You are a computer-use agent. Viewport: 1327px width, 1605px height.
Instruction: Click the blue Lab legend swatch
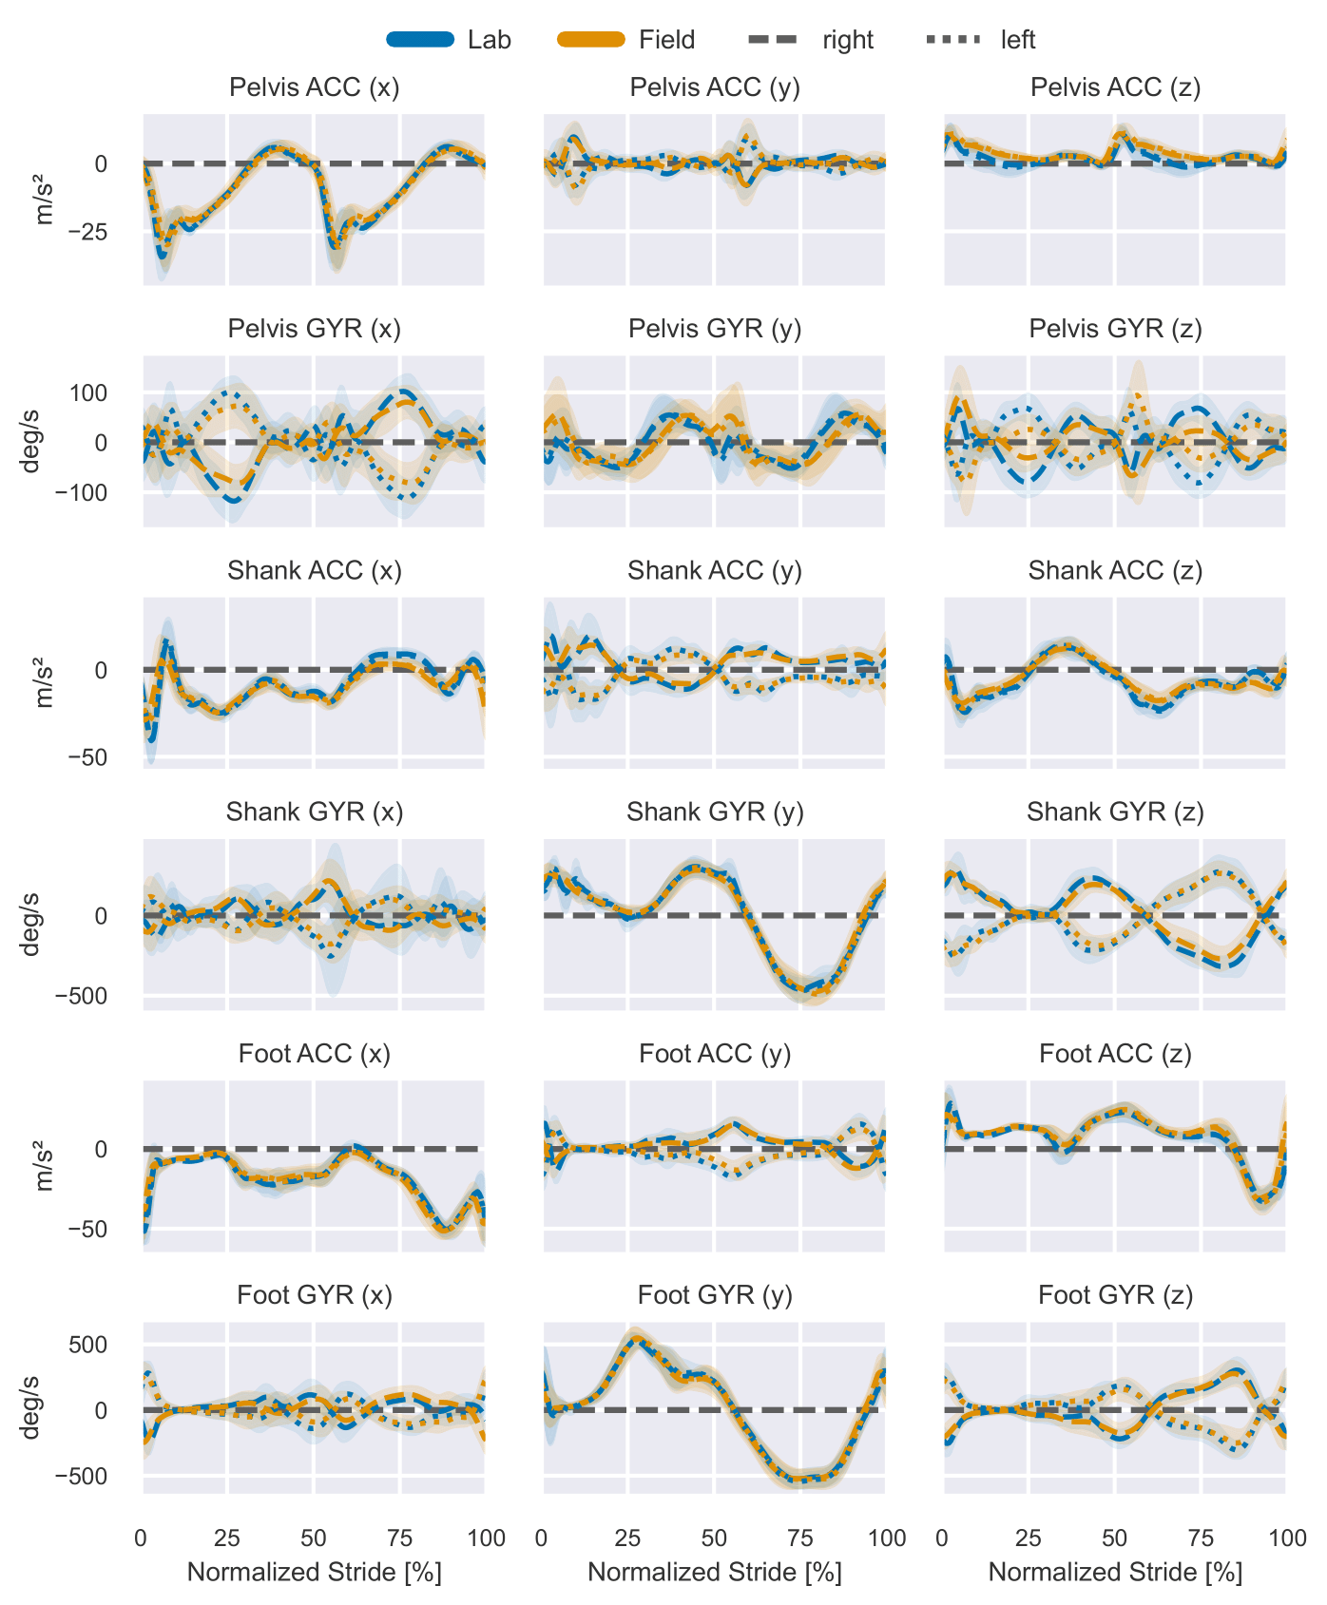pyautogui.click(x=420, y=39)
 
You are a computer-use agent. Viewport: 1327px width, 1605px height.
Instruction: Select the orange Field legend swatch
pyautogui.click(x=590, y=39)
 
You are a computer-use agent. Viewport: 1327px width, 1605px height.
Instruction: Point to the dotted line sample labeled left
pyautogui.click(x=952, y=39)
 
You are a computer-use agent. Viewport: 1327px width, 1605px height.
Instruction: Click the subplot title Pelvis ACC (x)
pyautogui.click(x=314, y=87)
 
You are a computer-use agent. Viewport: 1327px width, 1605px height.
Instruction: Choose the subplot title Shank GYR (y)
pyautogui.click(x=715, y=812)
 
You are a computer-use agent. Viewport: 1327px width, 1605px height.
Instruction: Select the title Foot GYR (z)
pyautogui.click(x=1115, y=1294)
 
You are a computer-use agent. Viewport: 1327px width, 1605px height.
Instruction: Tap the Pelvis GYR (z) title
pyautogui.click(x=1115, y=329)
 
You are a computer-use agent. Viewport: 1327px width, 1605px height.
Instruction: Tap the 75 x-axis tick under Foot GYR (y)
pyautogui.click(x=800, y=1538)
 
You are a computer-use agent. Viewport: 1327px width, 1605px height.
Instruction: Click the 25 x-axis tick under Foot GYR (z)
pyautogui.click(x=1029, y=1538)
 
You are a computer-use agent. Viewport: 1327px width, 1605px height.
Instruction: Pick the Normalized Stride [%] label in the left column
pyautogui.click(x=314, y=1572)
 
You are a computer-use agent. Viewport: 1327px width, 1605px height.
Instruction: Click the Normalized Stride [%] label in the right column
pyautogui.click(x=1115, y=1572)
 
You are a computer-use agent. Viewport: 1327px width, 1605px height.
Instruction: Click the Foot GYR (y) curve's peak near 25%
pyautogui.click(x=636, y=1338)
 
